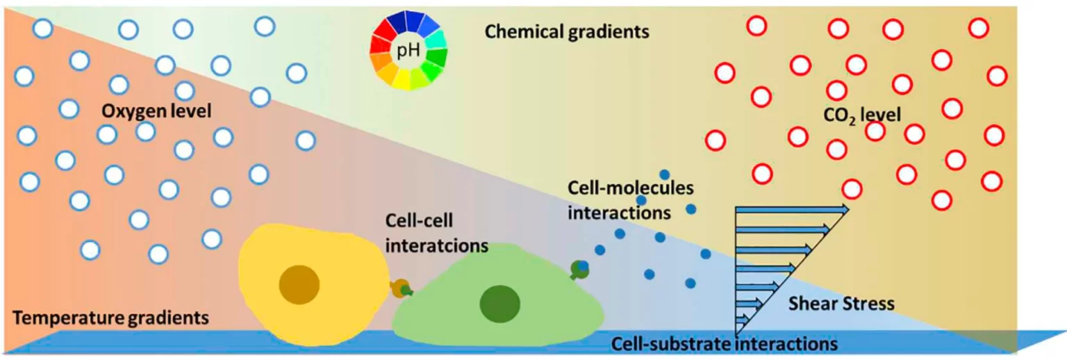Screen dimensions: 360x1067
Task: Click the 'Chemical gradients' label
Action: (x=567, y=32)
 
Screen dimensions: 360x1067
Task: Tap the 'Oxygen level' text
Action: (x=156, y=111)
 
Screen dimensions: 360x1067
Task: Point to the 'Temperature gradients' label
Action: (x=111, y=319)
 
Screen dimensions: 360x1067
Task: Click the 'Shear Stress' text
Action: (x=841, y=304)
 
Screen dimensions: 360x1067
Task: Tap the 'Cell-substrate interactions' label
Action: (x=725, y=343)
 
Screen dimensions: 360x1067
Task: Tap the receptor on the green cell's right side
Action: (x=579, y=269)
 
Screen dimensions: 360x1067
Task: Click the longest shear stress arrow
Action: (x=792, y=208)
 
